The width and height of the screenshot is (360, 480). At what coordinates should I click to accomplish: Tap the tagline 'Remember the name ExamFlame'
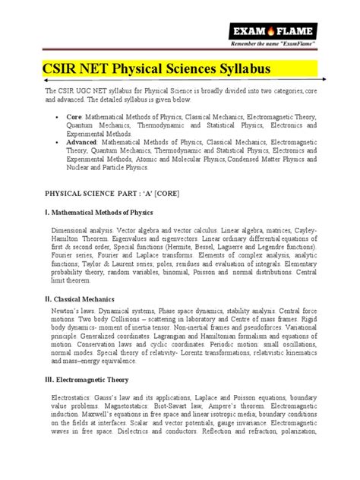tap(292, 46)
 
